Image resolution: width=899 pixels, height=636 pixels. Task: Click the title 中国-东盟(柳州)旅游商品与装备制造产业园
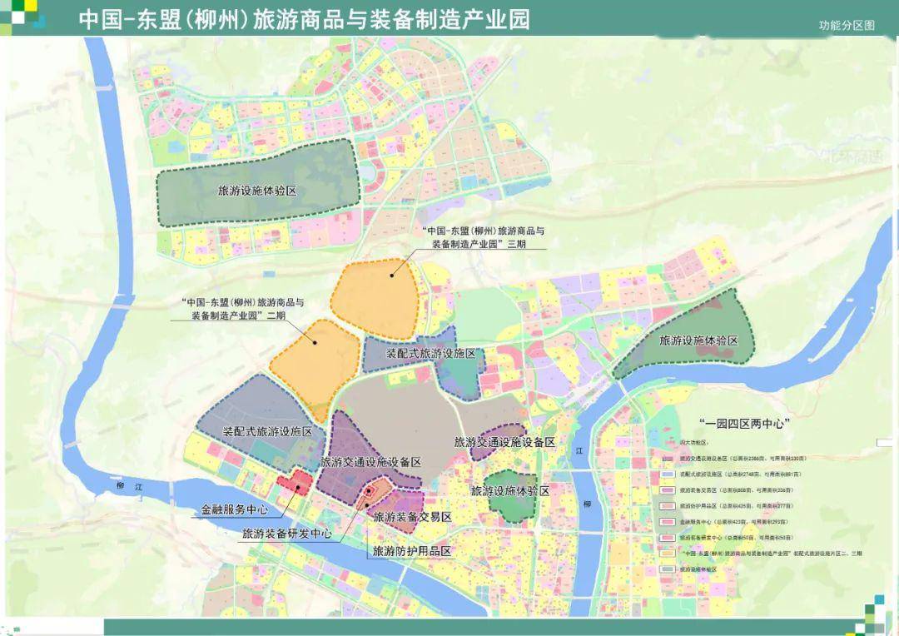tap(305, 19)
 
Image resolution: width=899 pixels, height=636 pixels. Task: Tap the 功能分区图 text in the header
tap(847, 25)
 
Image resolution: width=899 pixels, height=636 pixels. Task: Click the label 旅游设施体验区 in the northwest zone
tap(257, 191)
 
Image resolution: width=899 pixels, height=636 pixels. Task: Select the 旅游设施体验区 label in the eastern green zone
tap(698, 340)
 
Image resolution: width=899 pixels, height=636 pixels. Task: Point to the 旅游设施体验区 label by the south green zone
tap(510, 491)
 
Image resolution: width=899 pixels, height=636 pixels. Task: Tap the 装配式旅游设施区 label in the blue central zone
tap(430, 354)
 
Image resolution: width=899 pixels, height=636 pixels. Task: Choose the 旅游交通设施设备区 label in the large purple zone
tap(370, 462)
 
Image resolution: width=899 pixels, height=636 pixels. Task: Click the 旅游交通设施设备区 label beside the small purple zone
tap(504, 442)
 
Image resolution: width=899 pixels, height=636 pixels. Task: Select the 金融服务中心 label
tap(235, 509)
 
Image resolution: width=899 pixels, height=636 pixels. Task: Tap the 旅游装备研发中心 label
tap(287, 534)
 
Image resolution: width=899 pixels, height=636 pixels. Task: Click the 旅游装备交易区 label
tap(412, 517)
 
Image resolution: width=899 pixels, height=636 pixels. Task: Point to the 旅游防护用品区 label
tap(411, 551)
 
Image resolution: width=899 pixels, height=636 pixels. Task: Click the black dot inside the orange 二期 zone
tap(315, 341)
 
